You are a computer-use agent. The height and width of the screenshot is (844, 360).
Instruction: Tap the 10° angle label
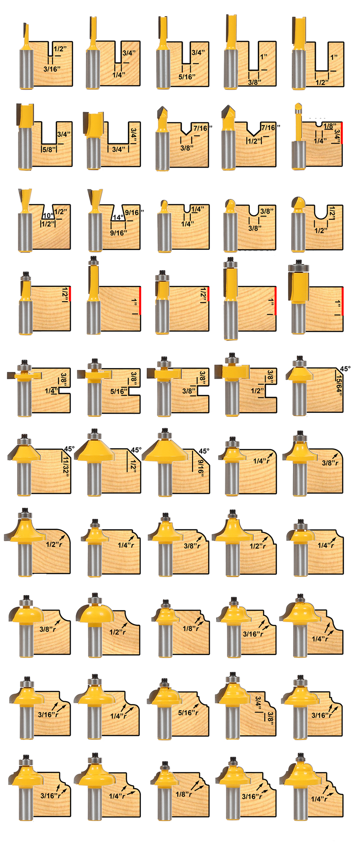click(48, 216)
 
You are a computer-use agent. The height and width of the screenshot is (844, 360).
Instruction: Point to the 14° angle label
click(118, 217)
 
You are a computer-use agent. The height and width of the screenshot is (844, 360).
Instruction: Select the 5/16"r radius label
click(188, 713)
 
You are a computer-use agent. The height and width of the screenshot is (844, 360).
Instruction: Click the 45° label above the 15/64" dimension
click(345, 369)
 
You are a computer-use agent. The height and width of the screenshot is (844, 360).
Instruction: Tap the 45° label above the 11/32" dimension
click(69, 449)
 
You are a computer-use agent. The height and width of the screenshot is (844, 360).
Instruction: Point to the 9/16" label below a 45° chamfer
click(201, 468)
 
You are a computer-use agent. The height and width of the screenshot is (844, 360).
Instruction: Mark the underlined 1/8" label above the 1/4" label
click(330, 126)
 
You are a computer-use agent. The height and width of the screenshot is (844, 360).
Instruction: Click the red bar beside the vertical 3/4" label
click(342, 133)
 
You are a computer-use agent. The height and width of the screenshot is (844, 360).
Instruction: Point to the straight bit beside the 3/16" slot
click(26, 56)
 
